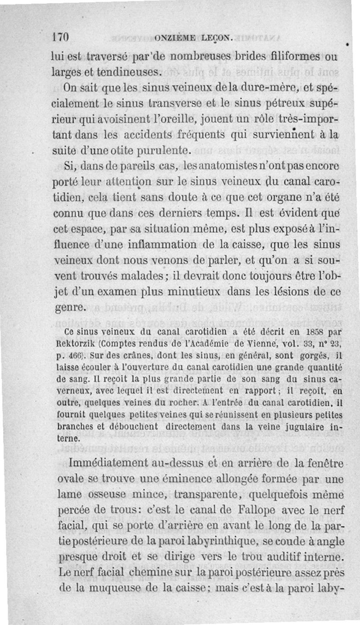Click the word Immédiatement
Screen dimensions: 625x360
[x=108, y=463]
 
